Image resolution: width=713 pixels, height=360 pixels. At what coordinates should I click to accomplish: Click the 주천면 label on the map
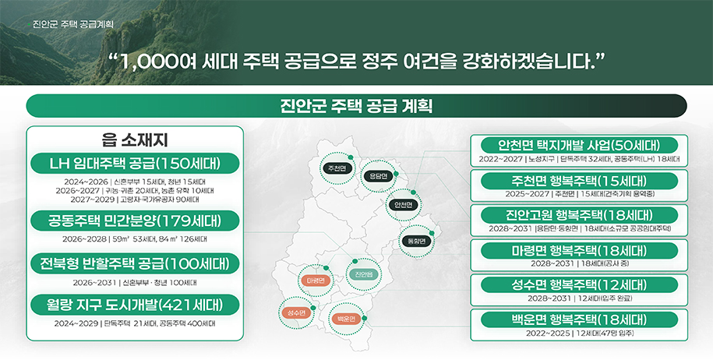pos(337,168)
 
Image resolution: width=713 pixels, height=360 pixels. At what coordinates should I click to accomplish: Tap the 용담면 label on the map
pos(378,176)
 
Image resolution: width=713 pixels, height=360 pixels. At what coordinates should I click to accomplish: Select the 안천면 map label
pos(403,204)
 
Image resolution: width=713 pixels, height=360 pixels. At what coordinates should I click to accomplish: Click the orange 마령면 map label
pos(316,280)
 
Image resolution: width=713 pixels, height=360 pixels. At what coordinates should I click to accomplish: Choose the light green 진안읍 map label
pos(363,274)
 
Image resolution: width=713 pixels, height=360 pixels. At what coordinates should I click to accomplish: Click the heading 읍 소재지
pos(136,140)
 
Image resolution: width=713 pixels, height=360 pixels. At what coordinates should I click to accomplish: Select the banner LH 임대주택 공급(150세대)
pos(136,164)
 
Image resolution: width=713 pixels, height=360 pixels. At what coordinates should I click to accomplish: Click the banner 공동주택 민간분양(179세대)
pos(136,221)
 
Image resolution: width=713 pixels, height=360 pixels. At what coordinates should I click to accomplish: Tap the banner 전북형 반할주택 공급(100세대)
pos(136,263)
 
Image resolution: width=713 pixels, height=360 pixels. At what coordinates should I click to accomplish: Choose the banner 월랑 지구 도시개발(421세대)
pos(136,305)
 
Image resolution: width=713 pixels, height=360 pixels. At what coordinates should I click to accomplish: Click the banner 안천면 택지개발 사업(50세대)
pos(580,145)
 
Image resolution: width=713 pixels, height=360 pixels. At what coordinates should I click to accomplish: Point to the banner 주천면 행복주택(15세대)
pos(580,180)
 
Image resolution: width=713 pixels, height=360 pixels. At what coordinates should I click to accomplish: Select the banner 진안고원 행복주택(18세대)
pos(580,215)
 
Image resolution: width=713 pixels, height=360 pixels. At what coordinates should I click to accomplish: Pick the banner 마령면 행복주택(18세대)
pos(580,250)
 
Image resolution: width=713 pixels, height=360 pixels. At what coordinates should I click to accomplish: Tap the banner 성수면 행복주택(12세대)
pos(580,284)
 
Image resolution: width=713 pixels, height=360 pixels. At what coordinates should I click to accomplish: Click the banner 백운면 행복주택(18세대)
pos(580,319)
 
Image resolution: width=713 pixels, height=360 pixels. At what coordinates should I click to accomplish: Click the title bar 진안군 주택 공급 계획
pos(356,105)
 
